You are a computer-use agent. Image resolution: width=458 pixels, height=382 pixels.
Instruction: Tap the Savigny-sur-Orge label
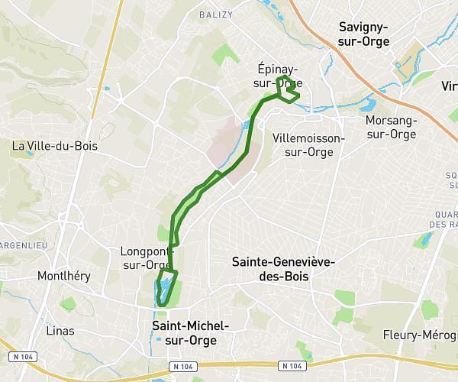[363, 34]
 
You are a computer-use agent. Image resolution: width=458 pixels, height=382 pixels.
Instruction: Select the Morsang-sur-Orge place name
[391, 128]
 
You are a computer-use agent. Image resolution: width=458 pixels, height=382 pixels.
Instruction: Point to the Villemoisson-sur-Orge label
[308, 144]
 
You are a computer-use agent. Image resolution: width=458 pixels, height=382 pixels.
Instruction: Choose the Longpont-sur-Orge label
[146, 257]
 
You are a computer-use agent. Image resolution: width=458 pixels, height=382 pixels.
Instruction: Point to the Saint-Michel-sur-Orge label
[185, 332]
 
